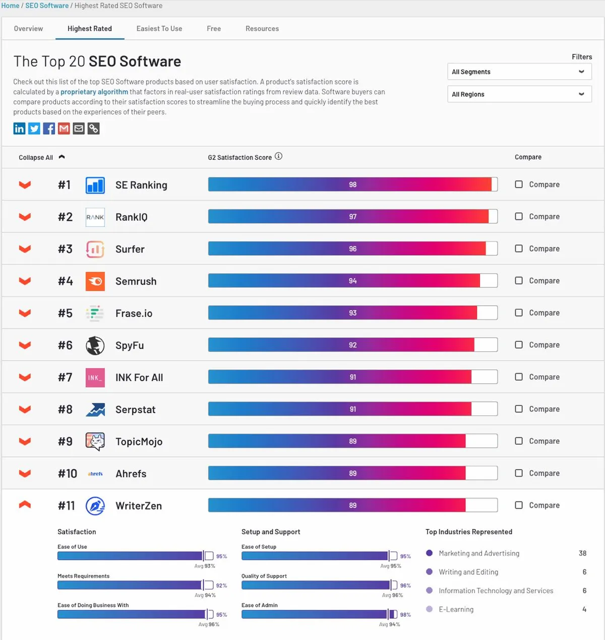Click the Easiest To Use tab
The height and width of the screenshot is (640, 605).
click(159, 29)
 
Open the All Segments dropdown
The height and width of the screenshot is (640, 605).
click(519, 72)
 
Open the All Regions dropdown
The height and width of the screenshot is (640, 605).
click(519, 94)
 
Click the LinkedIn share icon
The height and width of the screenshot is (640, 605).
click(19, 129)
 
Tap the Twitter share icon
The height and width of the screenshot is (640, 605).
click(34, 129)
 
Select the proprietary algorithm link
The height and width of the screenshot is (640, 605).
click(94, 92)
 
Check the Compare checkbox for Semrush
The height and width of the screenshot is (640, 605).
click(519, 280)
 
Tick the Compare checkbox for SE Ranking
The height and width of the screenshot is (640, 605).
click(519, 184)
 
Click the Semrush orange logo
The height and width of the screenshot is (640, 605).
click(95, 281)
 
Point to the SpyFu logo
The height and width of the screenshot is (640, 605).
click(95, 345)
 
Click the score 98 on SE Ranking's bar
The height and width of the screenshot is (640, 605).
click(353, 185)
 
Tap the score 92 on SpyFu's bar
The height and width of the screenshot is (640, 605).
click(353, 345)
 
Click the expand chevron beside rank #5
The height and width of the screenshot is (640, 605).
click(25, 313)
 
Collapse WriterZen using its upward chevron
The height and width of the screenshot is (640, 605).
click(25, 505)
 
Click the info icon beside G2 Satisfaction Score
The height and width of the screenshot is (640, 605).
click(278, 156)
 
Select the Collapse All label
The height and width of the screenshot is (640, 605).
click(36, 157)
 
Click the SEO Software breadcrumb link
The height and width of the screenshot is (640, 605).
click(47, 6)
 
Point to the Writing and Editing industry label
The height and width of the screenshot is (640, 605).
click(468, 572)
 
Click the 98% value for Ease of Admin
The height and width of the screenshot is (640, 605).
click(405, 615)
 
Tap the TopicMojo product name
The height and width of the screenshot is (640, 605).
click(139, 442)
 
